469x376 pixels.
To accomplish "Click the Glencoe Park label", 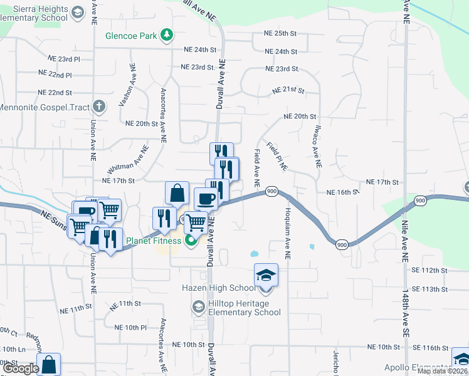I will [131, 36].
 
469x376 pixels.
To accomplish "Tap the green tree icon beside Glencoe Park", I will [167, 35].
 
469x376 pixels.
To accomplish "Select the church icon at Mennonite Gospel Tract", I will [98, 107].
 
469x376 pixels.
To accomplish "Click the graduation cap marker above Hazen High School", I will [266, 275].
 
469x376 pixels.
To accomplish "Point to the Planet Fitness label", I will [154, 241].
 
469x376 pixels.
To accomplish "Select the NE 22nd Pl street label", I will [55, 75].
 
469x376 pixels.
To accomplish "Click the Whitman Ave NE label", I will [128, 160].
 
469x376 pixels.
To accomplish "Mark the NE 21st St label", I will [288, 91].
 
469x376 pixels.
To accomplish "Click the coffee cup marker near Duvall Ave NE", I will [206, 199].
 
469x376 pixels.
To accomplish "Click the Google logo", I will [21, 369].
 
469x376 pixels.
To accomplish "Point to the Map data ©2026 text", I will [442, 371].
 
